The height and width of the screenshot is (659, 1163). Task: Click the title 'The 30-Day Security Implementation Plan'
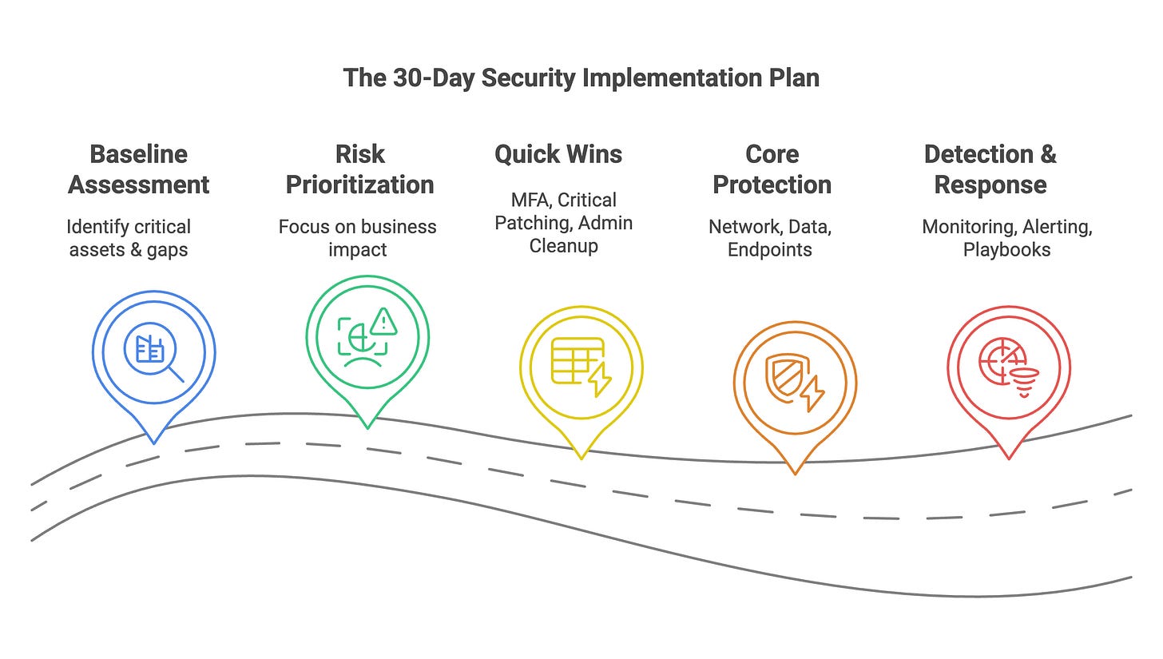[x=581, y=78]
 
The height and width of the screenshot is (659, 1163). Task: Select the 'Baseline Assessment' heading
[x=138, y=169]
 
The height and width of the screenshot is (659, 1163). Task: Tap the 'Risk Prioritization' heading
[x=359, y=169]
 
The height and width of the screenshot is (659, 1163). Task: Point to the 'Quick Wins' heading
[x=558, y=154]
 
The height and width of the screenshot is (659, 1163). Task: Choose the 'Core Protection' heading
[x=772, y=169]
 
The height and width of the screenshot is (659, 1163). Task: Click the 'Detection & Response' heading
[x=990, y=169]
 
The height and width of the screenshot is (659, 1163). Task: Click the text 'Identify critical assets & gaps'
[x=128, y=238]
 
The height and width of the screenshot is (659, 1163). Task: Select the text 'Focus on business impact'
[x=357, y=238]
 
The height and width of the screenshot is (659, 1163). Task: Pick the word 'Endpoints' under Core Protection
[x=770, y=249]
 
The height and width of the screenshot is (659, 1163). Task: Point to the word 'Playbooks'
[x=1006, y=249]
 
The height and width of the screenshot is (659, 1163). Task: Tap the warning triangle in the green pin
[x=384, y=321]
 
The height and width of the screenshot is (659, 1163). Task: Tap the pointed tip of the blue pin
[x=153, y=442]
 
